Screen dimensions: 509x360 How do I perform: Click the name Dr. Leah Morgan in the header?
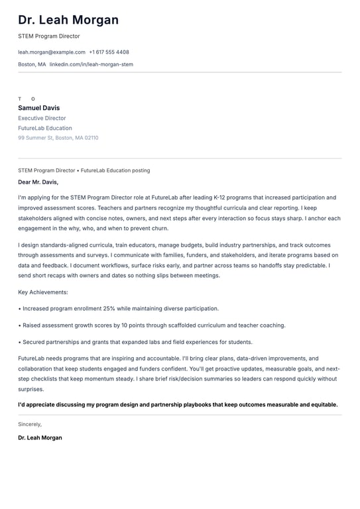click(68, 20)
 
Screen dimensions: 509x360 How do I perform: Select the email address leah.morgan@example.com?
click(52, 52)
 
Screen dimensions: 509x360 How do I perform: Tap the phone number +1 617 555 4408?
click(109, 52)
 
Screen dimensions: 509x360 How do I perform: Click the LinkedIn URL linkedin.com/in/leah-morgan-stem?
click(91, 64)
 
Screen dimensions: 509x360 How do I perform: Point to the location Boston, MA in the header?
click(32, 64)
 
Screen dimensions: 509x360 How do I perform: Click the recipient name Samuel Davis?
click(38, 108)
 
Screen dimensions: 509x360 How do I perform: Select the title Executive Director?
click(42, 118)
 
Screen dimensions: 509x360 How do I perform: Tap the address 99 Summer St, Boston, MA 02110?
click(58, 138)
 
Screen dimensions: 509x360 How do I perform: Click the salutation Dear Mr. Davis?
click(38, 182)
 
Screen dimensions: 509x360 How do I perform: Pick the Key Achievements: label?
click(43, 292)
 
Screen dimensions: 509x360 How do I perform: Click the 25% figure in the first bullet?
click(109, 308)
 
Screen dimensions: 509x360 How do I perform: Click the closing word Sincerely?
click(30, 424)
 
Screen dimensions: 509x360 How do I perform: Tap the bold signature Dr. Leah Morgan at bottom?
click(40, 437)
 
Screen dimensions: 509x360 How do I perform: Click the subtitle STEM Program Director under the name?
click(49, 36)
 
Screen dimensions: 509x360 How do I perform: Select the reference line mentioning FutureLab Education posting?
click(84, 170)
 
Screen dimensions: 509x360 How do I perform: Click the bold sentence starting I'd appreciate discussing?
click(178, 404)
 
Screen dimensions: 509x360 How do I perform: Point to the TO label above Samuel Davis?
click(27, 99)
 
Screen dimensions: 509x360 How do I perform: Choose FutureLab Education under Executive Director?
click(45, 128)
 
